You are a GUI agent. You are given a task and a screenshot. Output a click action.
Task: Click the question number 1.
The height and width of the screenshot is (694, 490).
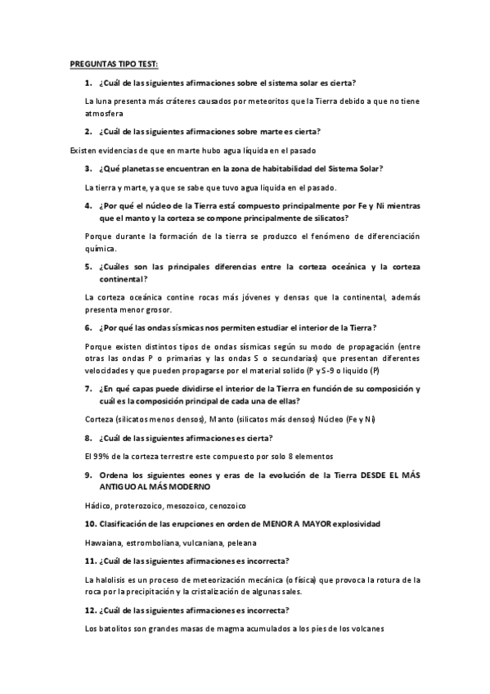coord(88,83)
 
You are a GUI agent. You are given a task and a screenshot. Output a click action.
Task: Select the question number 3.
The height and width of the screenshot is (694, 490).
coord(88,169)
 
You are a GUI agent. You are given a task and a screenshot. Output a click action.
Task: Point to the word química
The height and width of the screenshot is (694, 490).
coord(101,248)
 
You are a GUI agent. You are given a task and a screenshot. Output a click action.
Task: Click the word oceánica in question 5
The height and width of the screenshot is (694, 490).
coord(313,267)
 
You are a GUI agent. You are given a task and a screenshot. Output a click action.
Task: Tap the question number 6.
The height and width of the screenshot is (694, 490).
coord(88,327)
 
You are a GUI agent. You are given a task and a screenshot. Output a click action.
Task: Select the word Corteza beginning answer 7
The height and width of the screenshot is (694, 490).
coord(101,420)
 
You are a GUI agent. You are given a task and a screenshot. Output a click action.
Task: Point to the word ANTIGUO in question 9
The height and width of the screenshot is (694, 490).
coord(122,485)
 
